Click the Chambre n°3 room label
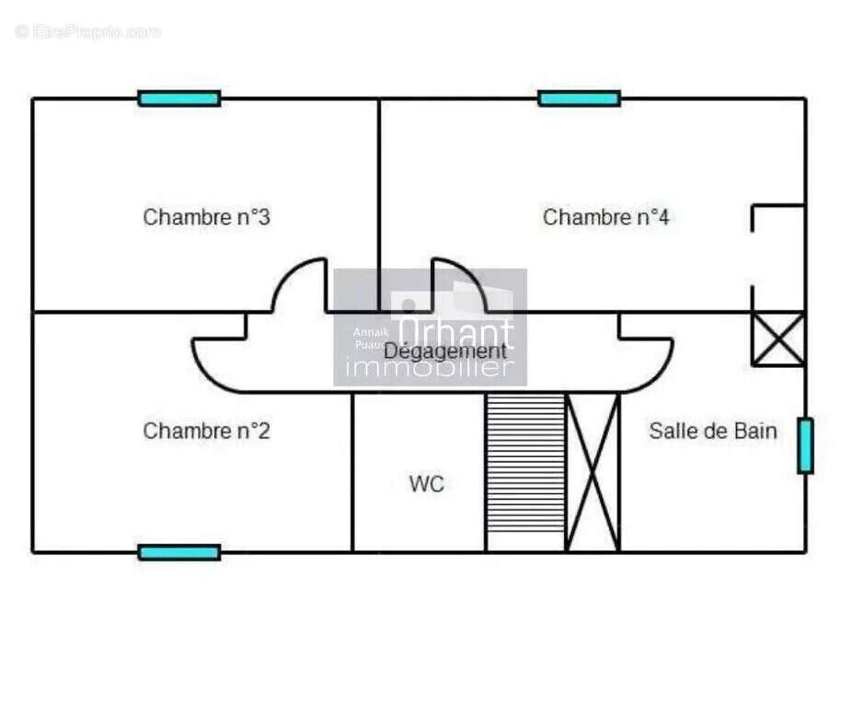click(x=206, y=218)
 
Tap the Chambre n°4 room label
click(x=605, y=218)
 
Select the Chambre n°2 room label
click(x=206, y=431)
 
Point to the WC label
click(x=427, y=484)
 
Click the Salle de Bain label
click(x=713, y=431)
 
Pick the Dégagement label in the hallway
click(x=444, y=351)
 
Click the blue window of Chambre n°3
click(x=179, y=98)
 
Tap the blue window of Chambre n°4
click(x=579, y=98)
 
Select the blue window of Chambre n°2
click(x=179, y=552)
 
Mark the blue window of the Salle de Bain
click(x=805, y=446)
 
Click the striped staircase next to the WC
click(x=525, y=472)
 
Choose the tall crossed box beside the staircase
click(x=592, y=472)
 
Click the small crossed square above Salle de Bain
click(x=778, y=339)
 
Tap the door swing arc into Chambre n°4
click(x=460, y=285)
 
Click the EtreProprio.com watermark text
click(x=88, y=32)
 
